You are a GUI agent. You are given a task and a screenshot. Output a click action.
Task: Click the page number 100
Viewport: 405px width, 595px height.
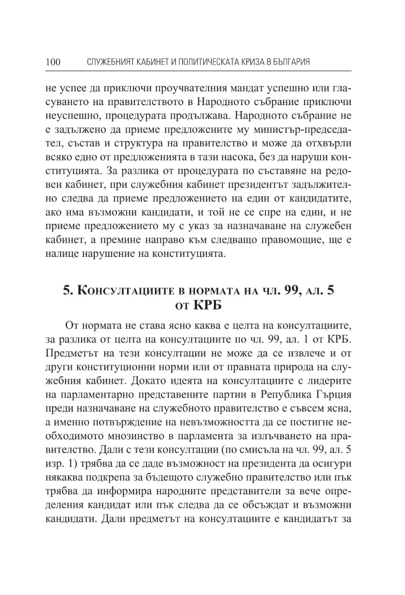(53, 62)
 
